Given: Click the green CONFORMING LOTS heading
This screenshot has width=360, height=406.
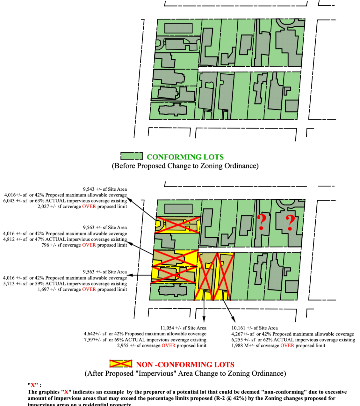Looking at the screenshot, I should click(185, 157).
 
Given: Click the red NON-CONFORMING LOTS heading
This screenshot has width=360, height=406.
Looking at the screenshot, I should click(185, 365).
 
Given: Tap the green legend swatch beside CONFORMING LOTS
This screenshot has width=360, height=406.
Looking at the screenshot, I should click(132, 156).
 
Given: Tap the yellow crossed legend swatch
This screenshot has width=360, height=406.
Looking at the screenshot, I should click(121, 364).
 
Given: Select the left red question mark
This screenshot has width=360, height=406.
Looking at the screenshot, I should click(262, 222).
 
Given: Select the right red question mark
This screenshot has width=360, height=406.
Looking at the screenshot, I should click(290, 223).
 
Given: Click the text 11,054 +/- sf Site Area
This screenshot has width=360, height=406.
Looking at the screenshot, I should click(183, 328).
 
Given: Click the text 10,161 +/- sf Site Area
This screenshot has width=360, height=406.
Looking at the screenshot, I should click(255, 328).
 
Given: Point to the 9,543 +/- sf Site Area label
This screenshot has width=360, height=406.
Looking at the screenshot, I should click(105, 189).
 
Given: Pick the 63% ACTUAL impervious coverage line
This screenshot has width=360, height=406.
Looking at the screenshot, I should click(65, 201).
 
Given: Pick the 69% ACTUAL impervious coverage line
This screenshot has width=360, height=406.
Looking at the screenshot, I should click(145, 340).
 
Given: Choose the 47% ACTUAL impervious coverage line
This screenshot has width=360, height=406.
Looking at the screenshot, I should click(65, 239).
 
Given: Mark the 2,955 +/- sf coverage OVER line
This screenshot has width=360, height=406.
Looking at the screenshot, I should click(162, 345).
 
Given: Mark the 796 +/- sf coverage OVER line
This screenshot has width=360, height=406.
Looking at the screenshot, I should click(84, 245).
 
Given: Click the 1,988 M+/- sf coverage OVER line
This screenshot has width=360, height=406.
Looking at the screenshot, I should click(278, 345).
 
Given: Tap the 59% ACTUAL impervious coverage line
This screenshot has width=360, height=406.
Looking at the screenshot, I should click(65, 284).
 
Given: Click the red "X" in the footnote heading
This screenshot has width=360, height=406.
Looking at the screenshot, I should click(33, 385).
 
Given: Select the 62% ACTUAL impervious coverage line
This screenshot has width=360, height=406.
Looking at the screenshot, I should click(293, 340).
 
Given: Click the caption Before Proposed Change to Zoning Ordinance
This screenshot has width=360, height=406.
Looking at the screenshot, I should click(185, 166).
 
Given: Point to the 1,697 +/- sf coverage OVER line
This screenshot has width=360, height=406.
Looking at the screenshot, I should click(82, 289).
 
